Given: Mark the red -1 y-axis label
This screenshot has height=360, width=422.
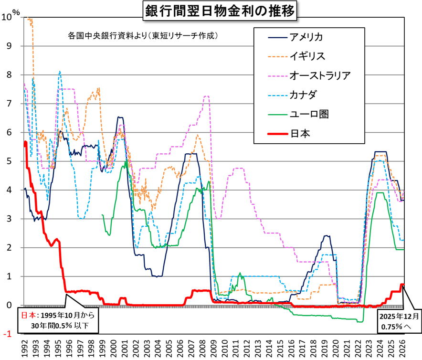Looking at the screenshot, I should (x=8, y=334).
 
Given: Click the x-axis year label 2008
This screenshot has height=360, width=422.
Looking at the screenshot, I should (x=203, y=348).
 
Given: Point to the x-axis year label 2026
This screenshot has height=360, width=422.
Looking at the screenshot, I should (x=402, y=348).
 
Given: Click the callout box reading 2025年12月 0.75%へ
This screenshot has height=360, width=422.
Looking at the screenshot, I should (x=400, y=321).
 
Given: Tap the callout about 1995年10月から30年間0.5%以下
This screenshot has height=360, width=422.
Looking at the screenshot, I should (x=57, y=321).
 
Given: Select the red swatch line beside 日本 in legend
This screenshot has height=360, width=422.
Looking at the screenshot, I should (x=272, y=133).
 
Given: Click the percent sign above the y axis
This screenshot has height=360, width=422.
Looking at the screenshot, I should (x=16, y=13).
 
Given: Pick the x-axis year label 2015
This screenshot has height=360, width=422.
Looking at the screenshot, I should (x=281, y=348).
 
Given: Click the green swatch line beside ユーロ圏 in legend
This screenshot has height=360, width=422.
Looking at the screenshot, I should (x=272, y=114).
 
